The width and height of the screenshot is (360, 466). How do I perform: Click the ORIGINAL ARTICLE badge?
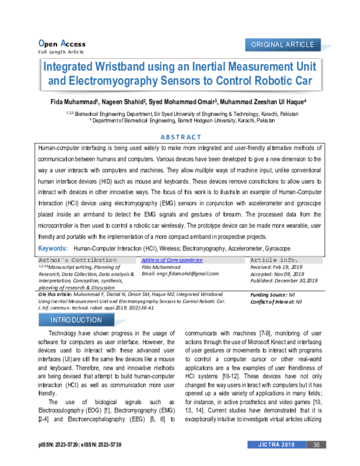pos(283,45)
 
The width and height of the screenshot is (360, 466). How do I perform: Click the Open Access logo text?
pos(62,44)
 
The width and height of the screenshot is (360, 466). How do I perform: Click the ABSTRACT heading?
pos(179,136)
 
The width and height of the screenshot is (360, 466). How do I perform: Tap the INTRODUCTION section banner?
pos(76,320)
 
